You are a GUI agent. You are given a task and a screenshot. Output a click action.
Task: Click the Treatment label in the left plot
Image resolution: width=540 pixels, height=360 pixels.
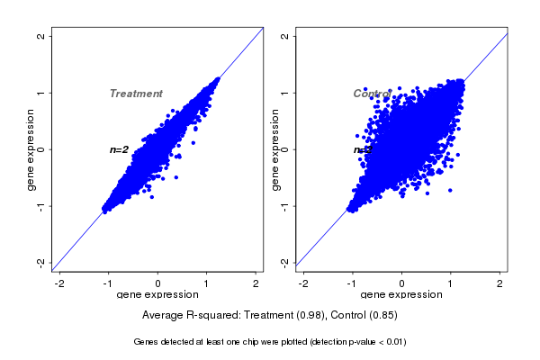pos(136,94)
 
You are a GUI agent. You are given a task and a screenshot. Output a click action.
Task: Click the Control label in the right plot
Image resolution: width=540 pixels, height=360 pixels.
pos(372,94)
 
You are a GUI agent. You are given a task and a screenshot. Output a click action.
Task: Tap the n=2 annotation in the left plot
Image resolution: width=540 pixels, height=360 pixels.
pos(119,149)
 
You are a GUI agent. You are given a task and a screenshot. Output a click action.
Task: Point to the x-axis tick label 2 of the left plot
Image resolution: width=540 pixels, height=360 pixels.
pos(256,283)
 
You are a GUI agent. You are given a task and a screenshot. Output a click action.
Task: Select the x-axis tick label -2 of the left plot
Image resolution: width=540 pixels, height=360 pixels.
pos(59,283)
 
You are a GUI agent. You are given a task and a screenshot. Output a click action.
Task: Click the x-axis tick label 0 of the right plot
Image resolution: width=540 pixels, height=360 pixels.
pos(402,283)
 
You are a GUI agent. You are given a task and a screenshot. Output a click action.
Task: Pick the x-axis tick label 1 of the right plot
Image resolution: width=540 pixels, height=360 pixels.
pos(451,283)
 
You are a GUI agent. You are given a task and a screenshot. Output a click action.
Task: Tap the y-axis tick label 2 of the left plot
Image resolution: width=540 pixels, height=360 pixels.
pos(41,36)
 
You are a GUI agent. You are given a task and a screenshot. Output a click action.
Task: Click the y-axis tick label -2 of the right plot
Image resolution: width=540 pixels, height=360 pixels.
pos(285,262)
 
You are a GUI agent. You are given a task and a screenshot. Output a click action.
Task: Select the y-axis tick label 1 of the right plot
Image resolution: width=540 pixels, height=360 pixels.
pos(285,93)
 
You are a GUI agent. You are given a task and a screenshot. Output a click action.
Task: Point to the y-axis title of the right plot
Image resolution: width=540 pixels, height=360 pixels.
pos(274,149)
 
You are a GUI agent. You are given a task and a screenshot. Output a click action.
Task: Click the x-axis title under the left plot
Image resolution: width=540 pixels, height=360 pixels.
pos(158,295)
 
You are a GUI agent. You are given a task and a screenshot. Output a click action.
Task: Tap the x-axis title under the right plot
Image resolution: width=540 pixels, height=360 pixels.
pos(402,295)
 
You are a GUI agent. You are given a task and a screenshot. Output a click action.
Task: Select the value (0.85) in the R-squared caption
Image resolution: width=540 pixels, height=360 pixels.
pos(382,316)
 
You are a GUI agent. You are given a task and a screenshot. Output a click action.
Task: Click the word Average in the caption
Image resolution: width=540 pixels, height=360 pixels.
pos(163,316)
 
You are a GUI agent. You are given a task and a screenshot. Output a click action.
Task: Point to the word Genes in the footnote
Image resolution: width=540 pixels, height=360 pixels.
pos(146,342)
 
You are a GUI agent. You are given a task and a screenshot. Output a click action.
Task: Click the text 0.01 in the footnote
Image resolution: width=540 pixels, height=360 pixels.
pos(392,342)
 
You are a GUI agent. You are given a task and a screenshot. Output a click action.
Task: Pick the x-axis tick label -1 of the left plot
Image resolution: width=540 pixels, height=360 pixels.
pos(109,283)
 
